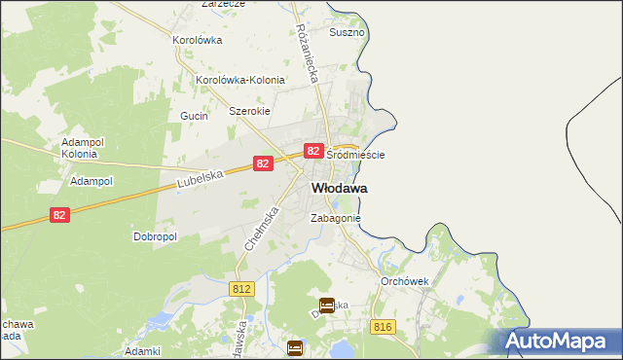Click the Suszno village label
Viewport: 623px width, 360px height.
347,32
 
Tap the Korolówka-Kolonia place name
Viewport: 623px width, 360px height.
240,80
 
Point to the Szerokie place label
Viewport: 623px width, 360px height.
248,111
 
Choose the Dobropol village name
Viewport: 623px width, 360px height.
154,236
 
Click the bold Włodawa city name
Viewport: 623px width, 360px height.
339,188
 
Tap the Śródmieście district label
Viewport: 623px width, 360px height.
355,155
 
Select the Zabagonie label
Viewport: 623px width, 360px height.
336,219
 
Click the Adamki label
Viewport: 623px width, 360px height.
142,350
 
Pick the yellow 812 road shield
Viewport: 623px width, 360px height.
243,289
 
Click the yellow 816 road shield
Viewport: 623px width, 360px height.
382,327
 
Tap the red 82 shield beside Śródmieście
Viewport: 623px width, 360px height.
312,151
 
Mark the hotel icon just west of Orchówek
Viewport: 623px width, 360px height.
327,306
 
